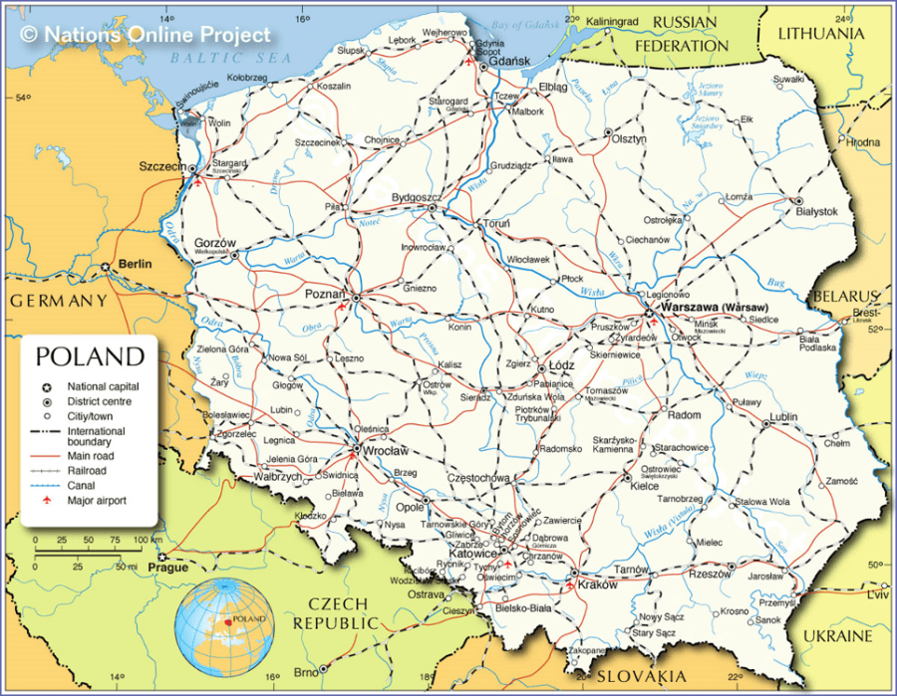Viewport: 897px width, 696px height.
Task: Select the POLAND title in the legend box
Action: coord(90,356)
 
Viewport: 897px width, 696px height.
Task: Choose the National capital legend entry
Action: coord(103,386)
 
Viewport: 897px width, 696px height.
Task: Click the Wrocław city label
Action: coord(388,451)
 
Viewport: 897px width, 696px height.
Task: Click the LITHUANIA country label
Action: coord(820,33)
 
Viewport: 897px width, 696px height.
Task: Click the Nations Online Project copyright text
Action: coord(146,35)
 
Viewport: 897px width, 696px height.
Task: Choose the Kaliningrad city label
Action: coord(612,21)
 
